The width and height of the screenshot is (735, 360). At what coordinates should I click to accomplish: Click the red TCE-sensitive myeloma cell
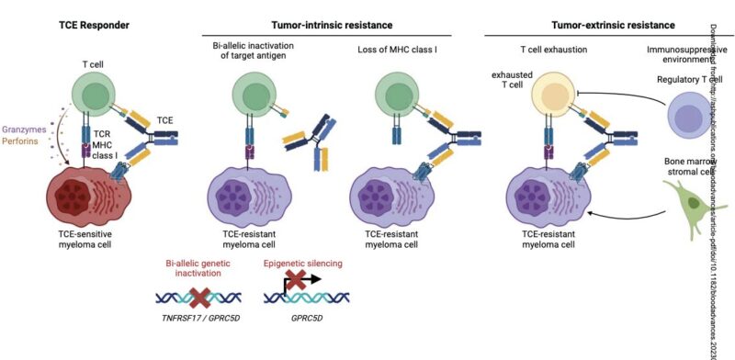click(x=87, y=197)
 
